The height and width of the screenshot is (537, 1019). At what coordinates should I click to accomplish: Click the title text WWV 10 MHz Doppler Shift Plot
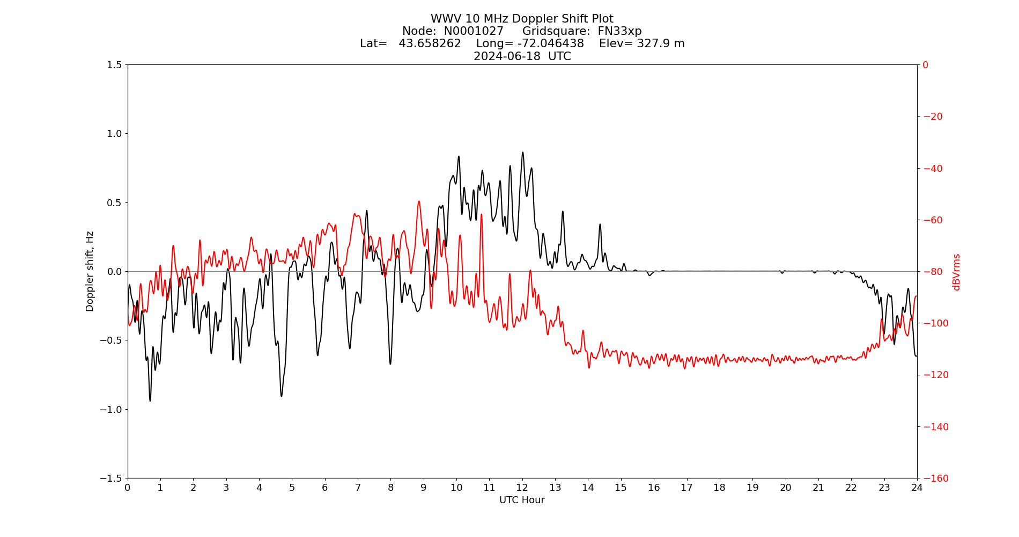(522, 19)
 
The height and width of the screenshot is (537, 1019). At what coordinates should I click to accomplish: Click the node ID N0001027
(474, 31)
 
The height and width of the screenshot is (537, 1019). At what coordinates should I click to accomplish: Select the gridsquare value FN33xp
(619, 31)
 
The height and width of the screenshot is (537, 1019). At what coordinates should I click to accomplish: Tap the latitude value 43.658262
(430, 43)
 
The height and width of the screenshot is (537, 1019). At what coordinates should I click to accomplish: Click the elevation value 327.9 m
(661, 43)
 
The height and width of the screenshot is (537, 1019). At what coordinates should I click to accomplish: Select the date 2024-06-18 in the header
(507, 56)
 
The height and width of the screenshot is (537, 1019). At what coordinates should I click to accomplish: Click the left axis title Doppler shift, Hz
(90, 271)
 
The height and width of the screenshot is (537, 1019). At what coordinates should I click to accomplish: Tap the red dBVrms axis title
(956, 272)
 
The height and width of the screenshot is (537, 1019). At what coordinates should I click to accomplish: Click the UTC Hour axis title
(522, 500)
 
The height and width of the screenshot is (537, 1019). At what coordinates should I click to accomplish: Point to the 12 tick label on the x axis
(522, 488)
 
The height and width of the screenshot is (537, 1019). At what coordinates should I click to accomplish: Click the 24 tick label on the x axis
(917, 488)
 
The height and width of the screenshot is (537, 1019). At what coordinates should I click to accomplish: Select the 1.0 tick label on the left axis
(114, 134)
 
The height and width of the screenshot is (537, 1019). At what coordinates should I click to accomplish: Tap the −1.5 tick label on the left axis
(112, 478)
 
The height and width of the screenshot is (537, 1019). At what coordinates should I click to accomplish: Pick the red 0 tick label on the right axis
(926, 65)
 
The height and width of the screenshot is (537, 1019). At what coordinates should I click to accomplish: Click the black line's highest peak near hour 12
(523, 153)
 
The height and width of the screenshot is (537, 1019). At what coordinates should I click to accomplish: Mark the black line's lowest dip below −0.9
(150, 400)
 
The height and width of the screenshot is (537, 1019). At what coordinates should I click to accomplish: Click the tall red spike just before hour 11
(482, 215)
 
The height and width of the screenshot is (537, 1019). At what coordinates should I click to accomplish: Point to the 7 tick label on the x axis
(358, 488)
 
